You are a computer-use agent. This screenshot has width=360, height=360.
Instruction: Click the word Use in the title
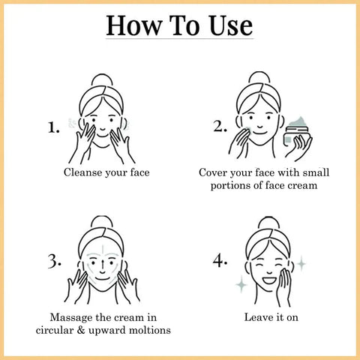coord(231,25)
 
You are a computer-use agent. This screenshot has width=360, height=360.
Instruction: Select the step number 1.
coord(54,127)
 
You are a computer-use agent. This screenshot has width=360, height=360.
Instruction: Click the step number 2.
coord(220,126)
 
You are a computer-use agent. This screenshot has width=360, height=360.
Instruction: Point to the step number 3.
coord(54,262)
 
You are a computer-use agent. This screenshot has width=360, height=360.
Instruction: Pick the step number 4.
coord(220,261)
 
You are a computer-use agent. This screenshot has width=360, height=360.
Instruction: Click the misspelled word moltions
coord(150,330)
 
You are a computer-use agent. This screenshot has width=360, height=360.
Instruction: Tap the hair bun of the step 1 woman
coord(102,80)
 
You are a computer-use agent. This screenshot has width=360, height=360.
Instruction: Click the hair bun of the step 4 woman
coord(268,223)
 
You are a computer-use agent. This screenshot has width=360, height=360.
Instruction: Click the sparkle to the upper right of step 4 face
coord(301,263)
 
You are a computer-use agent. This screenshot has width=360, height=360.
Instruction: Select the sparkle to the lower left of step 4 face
coord(241,283)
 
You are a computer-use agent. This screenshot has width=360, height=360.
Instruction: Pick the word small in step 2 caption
coord(316,172)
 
